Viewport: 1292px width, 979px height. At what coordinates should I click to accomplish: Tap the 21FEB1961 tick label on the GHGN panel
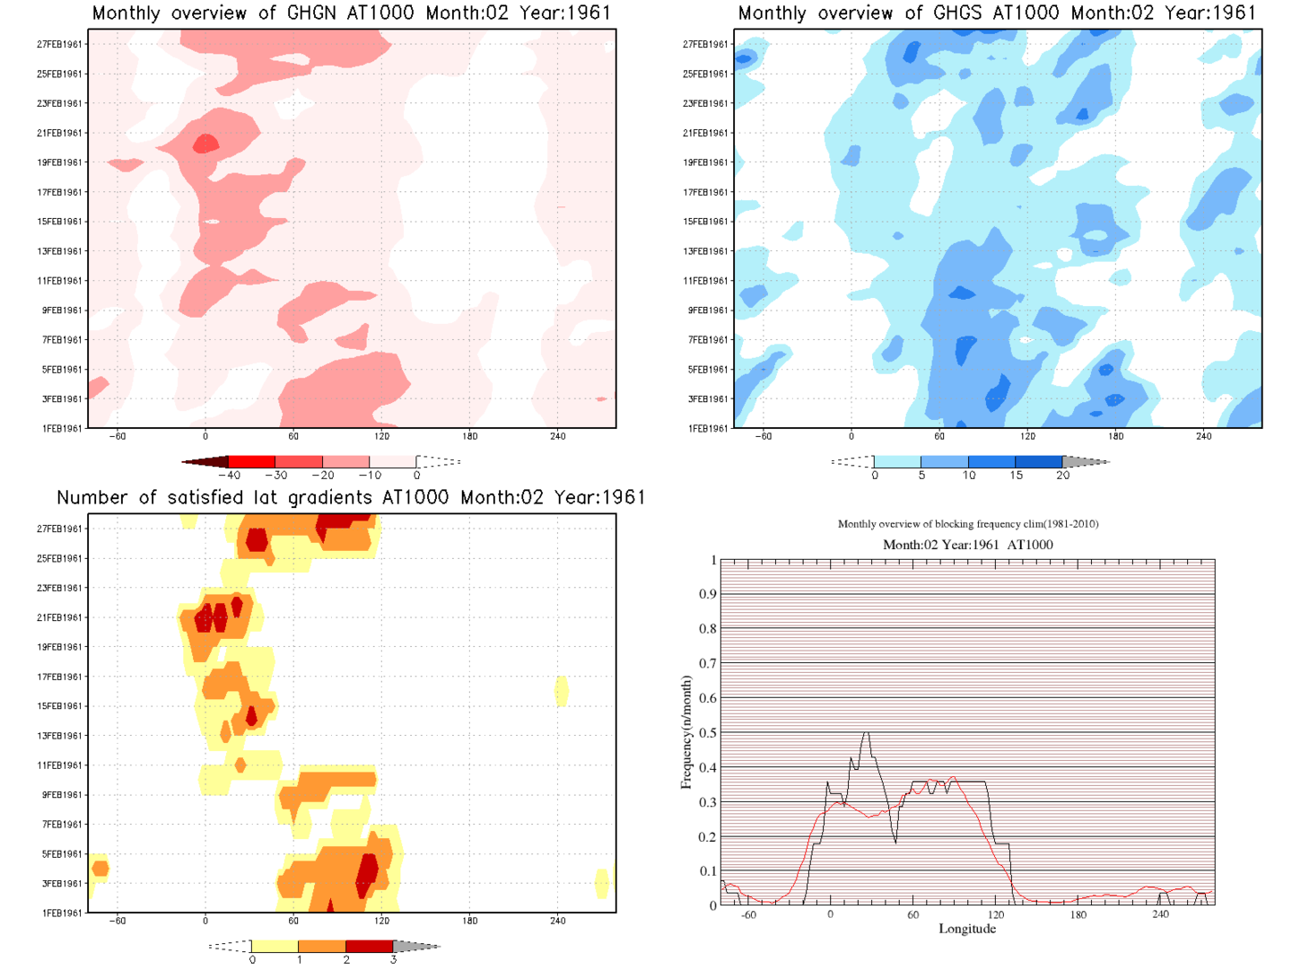coord(60,133)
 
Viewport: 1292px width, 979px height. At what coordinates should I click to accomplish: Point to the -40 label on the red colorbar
coord(230,476)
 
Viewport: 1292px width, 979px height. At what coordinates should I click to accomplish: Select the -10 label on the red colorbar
coord(370,476)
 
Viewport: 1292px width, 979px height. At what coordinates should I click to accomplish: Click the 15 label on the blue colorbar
coord(1016,476)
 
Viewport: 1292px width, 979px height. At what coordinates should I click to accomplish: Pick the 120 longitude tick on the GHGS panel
coord(1027,436)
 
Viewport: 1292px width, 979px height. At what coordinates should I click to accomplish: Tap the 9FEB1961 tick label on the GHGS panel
coord(708,310)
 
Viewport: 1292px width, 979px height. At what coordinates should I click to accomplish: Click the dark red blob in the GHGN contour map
coord(205,144)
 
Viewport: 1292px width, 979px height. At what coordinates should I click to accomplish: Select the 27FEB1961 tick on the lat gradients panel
coord(60,529)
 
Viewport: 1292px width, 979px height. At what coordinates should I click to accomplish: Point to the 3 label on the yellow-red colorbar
coord(393,959)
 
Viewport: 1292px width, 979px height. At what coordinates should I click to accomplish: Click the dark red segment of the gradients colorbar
coord(369,946)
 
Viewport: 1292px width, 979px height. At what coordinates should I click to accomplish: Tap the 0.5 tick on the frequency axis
coord(708,733)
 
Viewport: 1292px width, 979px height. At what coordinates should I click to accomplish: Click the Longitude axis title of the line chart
coord(967,929)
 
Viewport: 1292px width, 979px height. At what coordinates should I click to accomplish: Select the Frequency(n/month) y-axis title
coord(686,733)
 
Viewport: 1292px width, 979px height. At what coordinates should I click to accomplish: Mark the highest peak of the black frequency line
coord(867,733)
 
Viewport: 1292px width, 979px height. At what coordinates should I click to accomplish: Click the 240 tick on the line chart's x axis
coord(1161,915)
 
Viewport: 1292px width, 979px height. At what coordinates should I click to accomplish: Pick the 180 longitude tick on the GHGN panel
coord(470,436)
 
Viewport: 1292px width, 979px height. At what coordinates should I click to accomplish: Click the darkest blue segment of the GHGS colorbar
coord(1039,461)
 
